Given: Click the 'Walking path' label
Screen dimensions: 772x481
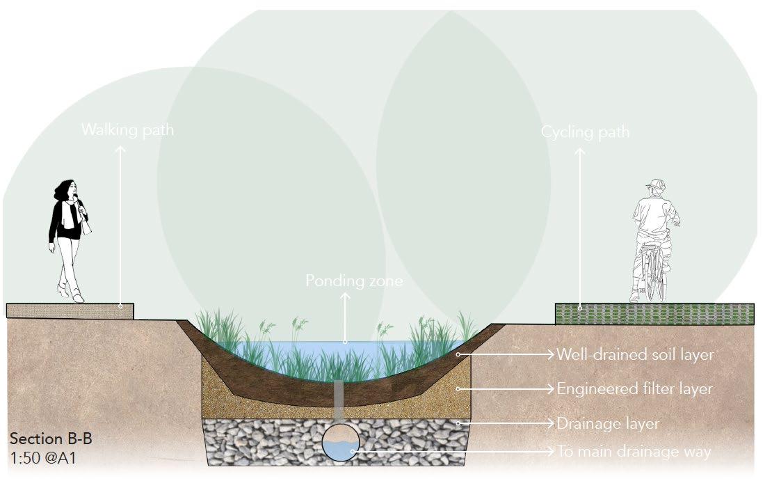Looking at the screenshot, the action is [127, 130].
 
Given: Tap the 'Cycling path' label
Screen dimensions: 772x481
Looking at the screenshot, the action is [585, 132].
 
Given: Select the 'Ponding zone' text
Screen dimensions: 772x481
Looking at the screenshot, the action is [354, 281].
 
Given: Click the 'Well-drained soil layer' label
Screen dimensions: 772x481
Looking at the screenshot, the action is [635, 354].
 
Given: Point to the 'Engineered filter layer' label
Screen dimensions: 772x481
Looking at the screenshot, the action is [634, 388].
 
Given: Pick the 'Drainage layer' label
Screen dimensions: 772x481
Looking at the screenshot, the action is [608, 423].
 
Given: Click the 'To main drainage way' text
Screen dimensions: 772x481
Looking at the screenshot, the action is [634, 451].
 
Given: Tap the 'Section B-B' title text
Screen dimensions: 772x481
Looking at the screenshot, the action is [51, 439].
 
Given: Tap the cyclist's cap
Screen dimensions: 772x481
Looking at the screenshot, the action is [654, 184].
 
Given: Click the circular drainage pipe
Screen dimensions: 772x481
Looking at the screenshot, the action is [340, 442].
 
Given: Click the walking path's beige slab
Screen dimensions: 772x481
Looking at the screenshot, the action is [70, 311].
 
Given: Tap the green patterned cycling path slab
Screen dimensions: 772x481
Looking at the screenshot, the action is [654, 314].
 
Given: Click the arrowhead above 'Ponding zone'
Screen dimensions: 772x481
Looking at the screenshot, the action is [345, 296].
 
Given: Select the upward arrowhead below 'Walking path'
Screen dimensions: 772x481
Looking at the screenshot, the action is [120, 148].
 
